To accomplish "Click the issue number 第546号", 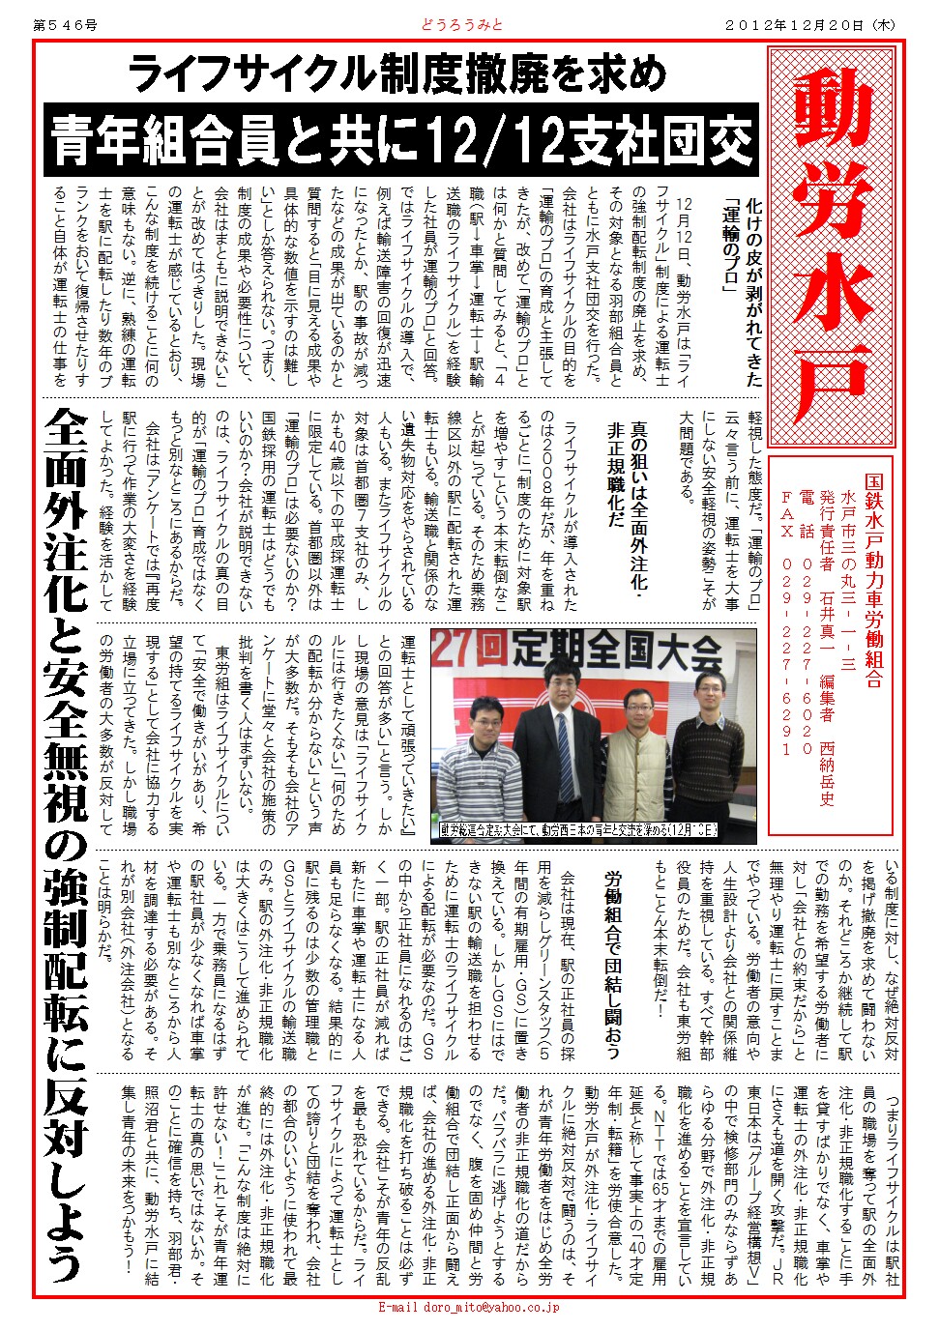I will pyautogui.click(x=65, y=25).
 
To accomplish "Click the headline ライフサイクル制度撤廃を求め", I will pyautogui.click(x=396, y=73).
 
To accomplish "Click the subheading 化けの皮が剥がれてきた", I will pyautogui.click(x=753, y=290).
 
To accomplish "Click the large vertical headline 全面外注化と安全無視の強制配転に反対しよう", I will pyautogui.click(x=66, y=841).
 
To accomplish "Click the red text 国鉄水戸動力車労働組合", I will pyautogui.click(x=873, y=580).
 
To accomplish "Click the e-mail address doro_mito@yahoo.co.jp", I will pyautogui.click(x=468, y=1308).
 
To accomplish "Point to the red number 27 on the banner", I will pyautogui.click(x=454, y=651).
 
